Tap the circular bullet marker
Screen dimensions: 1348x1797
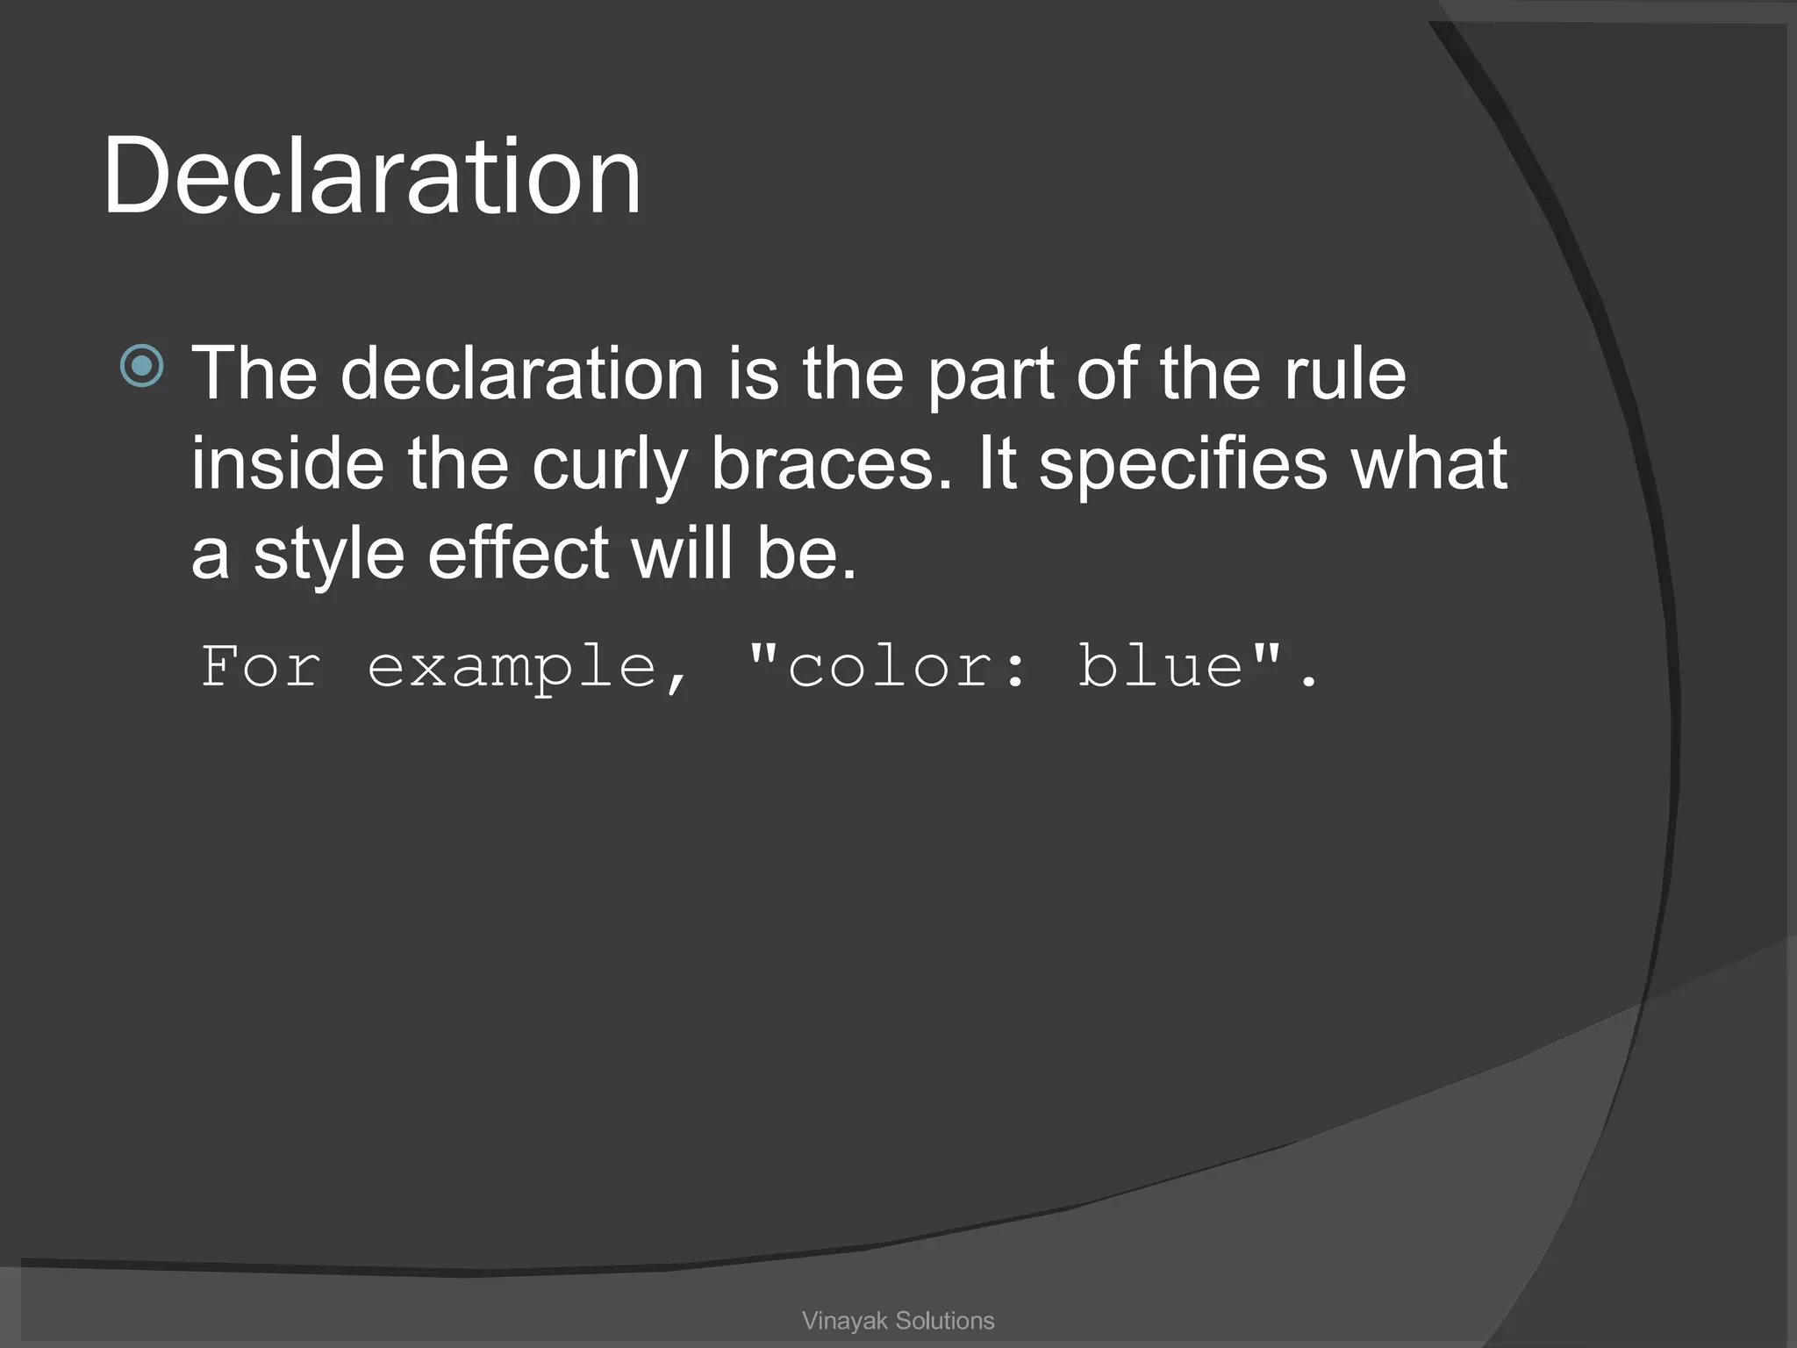(141, 366)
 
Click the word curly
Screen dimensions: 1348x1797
(610, 465)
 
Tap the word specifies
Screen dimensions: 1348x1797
(1184, 465)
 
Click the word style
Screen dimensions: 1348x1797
(329, 555)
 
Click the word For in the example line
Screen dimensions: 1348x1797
(261, 666)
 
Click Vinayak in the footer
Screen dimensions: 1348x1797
(846, 1321)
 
